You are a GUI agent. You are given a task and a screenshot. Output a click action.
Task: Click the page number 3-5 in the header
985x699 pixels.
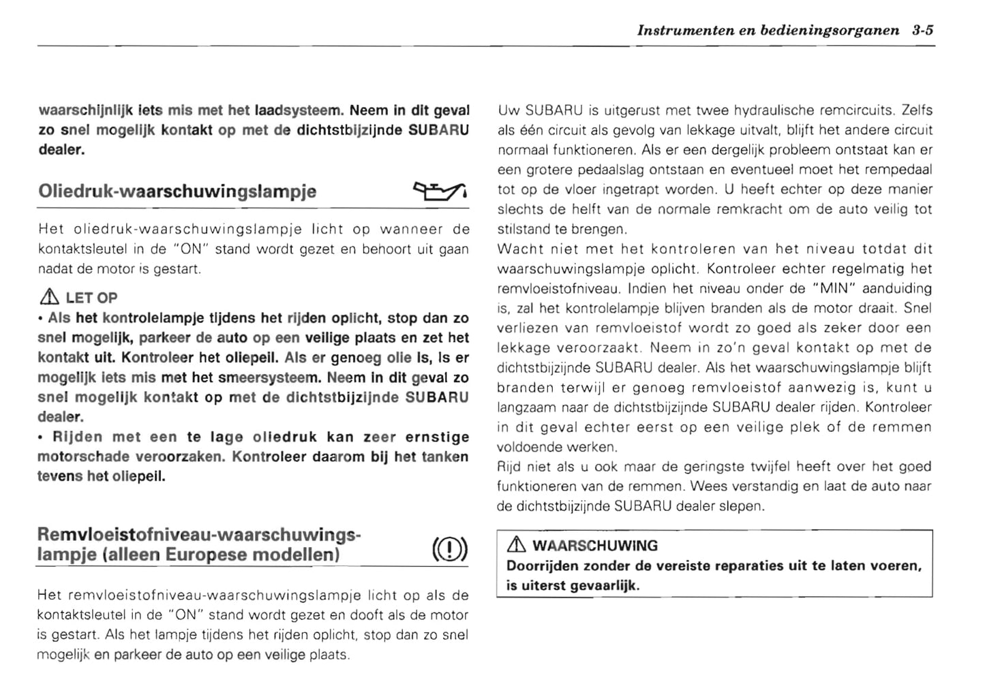pyautogui.click(x=921, y=31)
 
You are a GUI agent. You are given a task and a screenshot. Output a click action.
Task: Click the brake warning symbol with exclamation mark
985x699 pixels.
pyautogui.click(x=449, y=548)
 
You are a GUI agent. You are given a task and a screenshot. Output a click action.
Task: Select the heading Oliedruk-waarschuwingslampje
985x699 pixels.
pyautogui.click(x=177, y=191)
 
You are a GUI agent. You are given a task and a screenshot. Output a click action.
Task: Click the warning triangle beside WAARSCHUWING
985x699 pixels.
pyautogui.click(x=516, y=545)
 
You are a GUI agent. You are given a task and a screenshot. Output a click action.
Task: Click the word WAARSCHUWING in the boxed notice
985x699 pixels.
pyautogui.click(x=594, y=546)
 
